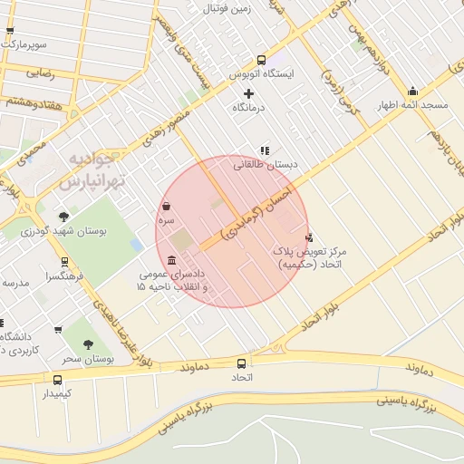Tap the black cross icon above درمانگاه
click(x=249, y=93)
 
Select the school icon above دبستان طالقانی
click(x=265, y=150)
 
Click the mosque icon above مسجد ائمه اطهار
click(x=413, y=91)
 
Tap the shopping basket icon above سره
click(x=167, y=206)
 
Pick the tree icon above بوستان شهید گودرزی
click(x=63, y=217)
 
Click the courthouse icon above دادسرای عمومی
click(x=172, y=260)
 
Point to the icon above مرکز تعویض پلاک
click(x=309, y=237)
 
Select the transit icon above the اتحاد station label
click(x=241, y=362)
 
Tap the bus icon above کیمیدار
click(x=59, y=380)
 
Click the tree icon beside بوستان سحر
click(x=88, y=344)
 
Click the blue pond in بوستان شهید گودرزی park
click(x=136, y=245)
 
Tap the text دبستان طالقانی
click(x=266, y=165)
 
